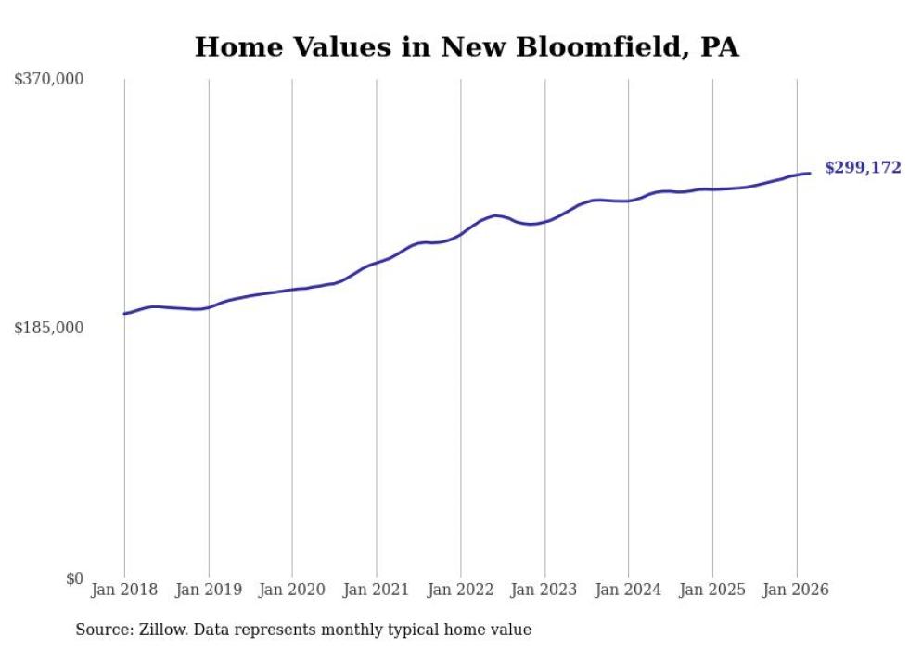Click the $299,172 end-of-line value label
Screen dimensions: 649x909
[x=863, y=168]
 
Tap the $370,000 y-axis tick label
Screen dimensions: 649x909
[x=49, y=80]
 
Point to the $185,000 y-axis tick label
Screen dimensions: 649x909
[x=49, y=328]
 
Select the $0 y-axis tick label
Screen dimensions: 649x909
[x=74, y=578]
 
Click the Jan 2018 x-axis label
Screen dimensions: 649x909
[x=124, y=590]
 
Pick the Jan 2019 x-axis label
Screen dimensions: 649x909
[x=209, y=590]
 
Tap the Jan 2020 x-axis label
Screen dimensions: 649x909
[x=292, y=590]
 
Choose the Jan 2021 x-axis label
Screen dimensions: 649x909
[x=377, y=590]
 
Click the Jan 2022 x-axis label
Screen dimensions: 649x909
[x=461, y=590]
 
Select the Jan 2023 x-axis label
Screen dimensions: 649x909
[x=544, y=590]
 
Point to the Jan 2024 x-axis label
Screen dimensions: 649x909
[x=629, y=590]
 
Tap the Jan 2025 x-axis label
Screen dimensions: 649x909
[x=712, y=590]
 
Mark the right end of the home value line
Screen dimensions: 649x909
[x=810, y=174]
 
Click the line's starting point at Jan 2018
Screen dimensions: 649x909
[x=124, y=314]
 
